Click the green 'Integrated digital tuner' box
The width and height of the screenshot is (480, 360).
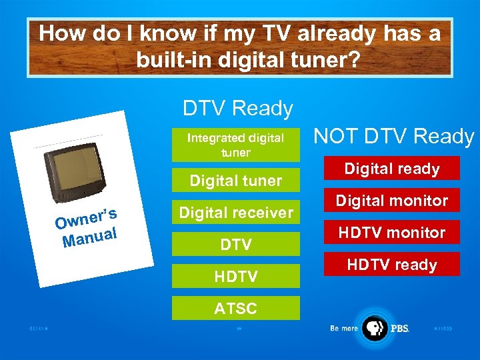pos(236,145)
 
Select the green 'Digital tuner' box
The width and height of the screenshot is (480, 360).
pos(236,180)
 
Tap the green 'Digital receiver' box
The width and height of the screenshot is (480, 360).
pos(236,213)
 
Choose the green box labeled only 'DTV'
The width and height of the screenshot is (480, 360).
pos(236,245)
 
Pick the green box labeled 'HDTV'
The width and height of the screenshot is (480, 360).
pos(236,276)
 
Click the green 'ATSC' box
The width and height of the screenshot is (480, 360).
pos(236,308)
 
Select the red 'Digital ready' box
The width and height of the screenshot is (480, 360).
pos(392,168)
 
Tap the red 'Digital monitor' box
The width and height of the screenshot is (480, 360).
pos(392,200)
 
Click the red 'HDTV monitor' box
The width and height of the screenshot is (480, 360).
pos(392,232)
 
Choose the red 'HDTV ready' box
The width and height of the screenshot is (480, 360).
pos(392,264)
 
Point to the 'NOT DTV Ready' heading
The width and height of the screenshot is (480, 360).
pos(393,137)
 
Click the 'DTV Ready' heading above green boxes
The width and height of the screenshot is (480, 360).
pos(238,108)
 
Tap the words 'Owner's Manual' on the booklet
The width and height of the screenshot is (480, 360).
pos(87,227)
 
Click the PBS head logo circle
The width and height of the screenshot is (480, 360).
pos(375,328)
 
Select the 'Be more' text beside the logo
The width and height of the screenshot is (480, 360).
pos(345,329)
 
